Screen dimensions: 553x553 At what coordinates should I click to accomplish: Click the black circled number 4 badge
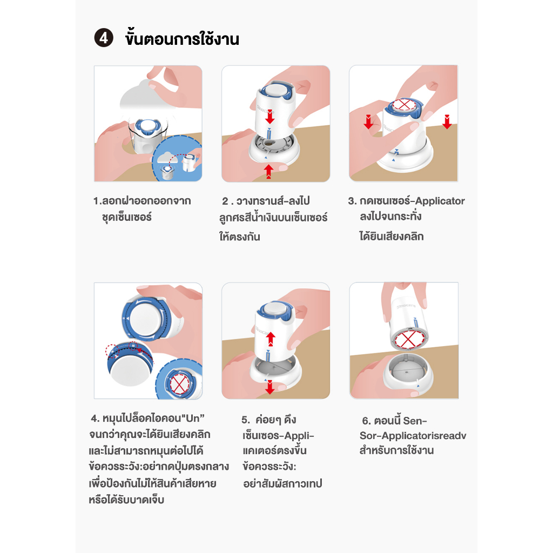pyautogui.click(x=104, y=38)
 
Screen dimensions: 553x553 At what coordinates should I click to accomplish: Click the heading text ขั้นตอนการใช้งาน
pyautogui.click(x=182, y=38)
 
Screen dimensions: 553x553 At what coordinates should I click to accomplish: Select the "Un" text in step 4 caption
pyautogui.click(x=193, y=419)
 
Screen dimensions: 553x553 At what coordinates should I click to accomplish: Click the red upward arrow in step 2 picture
pyautogui.click(x=269, y=171)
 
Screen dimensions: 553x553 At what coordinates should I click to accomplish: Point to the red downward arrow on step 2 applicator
pyautogui.click(x=270, y=117)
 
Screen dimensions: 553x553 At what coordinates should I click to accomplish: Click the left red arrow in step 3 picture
pyautogui.click(x=368, y=122)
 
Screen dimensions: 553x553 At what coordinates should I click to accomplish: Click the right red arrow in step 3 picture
pyautogui.click(x=447, y=122)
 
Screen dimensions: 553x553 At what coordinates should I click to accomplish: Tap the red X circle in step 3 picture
pyautogui.click(x=404, y=104)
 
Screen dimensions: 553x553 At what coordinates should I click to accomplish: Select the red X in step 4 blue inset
pyautogui.click(x=180, y=384)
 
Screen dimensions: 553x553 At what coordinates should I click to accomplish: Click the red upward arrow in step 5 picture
pyautogui.click(x=271, y=339)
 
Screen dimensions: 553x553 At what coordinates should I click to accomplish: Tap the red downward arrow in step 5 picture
pyautogui.click(x=270, y=387)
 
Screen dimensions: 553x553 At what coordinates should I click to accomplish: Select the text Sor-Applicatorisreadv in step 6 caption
pyautogui.click(x=413, y=436)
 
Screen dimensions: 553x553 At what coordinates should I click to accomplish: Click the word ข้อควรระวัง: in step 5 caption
pyautogui.click(x=269, y=467)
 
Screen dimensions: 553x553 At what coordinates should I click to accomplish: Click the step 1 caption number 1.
pyautogui.click(x=97, y=201)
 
